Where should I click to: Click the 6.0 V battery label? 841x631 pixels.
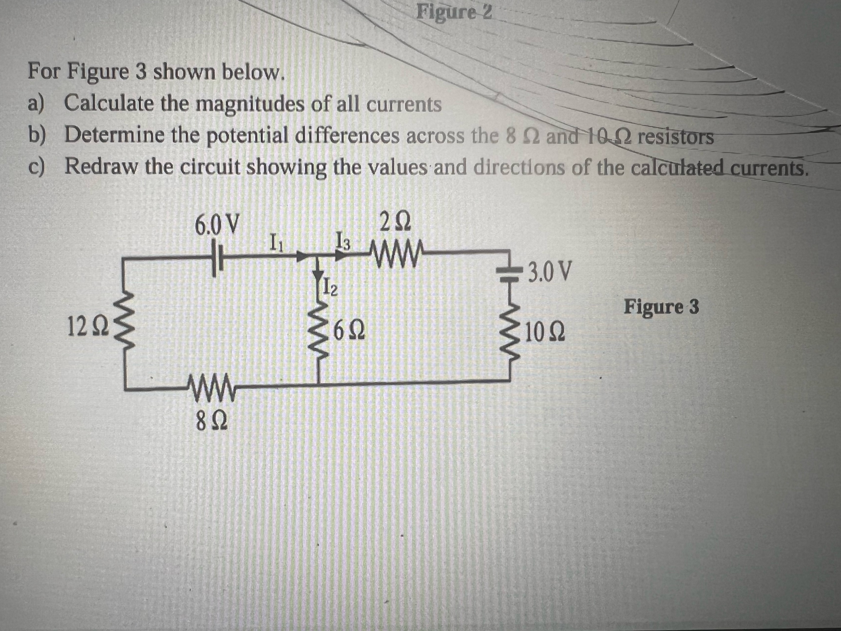pos(217,225)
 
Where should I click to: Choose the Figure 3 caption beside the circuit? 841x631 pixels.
pos(661,307)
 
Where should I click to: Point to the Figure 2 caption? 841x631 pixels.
pos(454,12)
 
